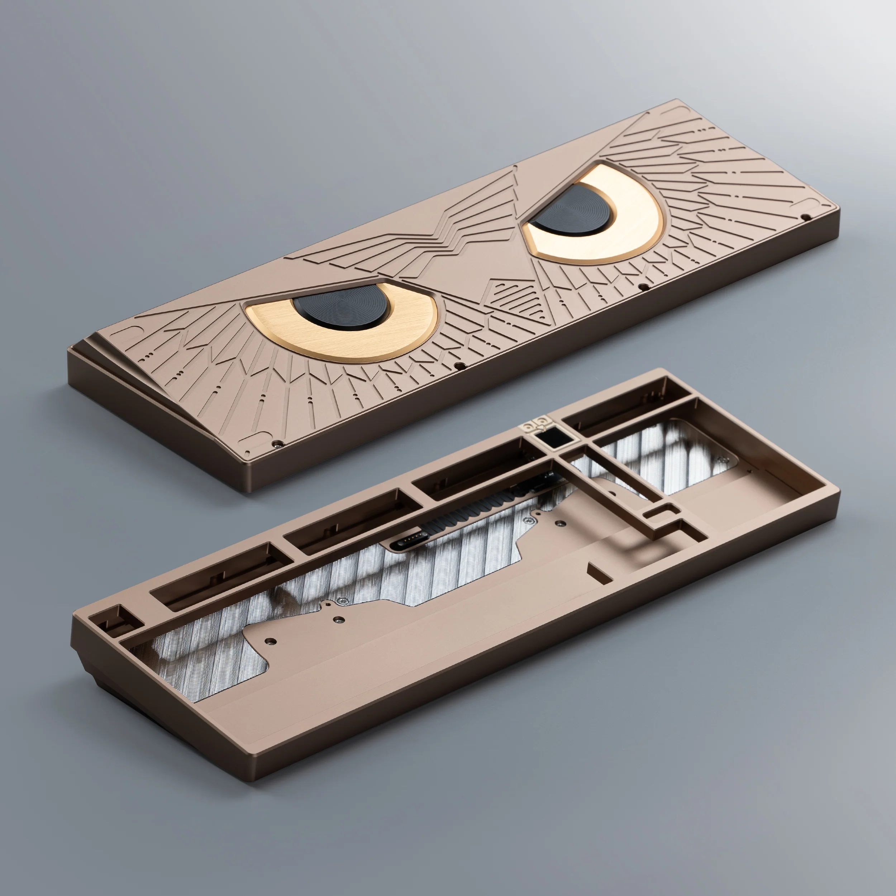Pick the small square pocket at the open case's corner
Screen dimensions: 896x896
110,619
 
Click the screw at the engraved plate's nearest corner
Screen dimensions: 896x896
277,443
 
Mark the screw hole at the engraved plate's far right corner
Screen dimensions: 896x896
806,216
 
